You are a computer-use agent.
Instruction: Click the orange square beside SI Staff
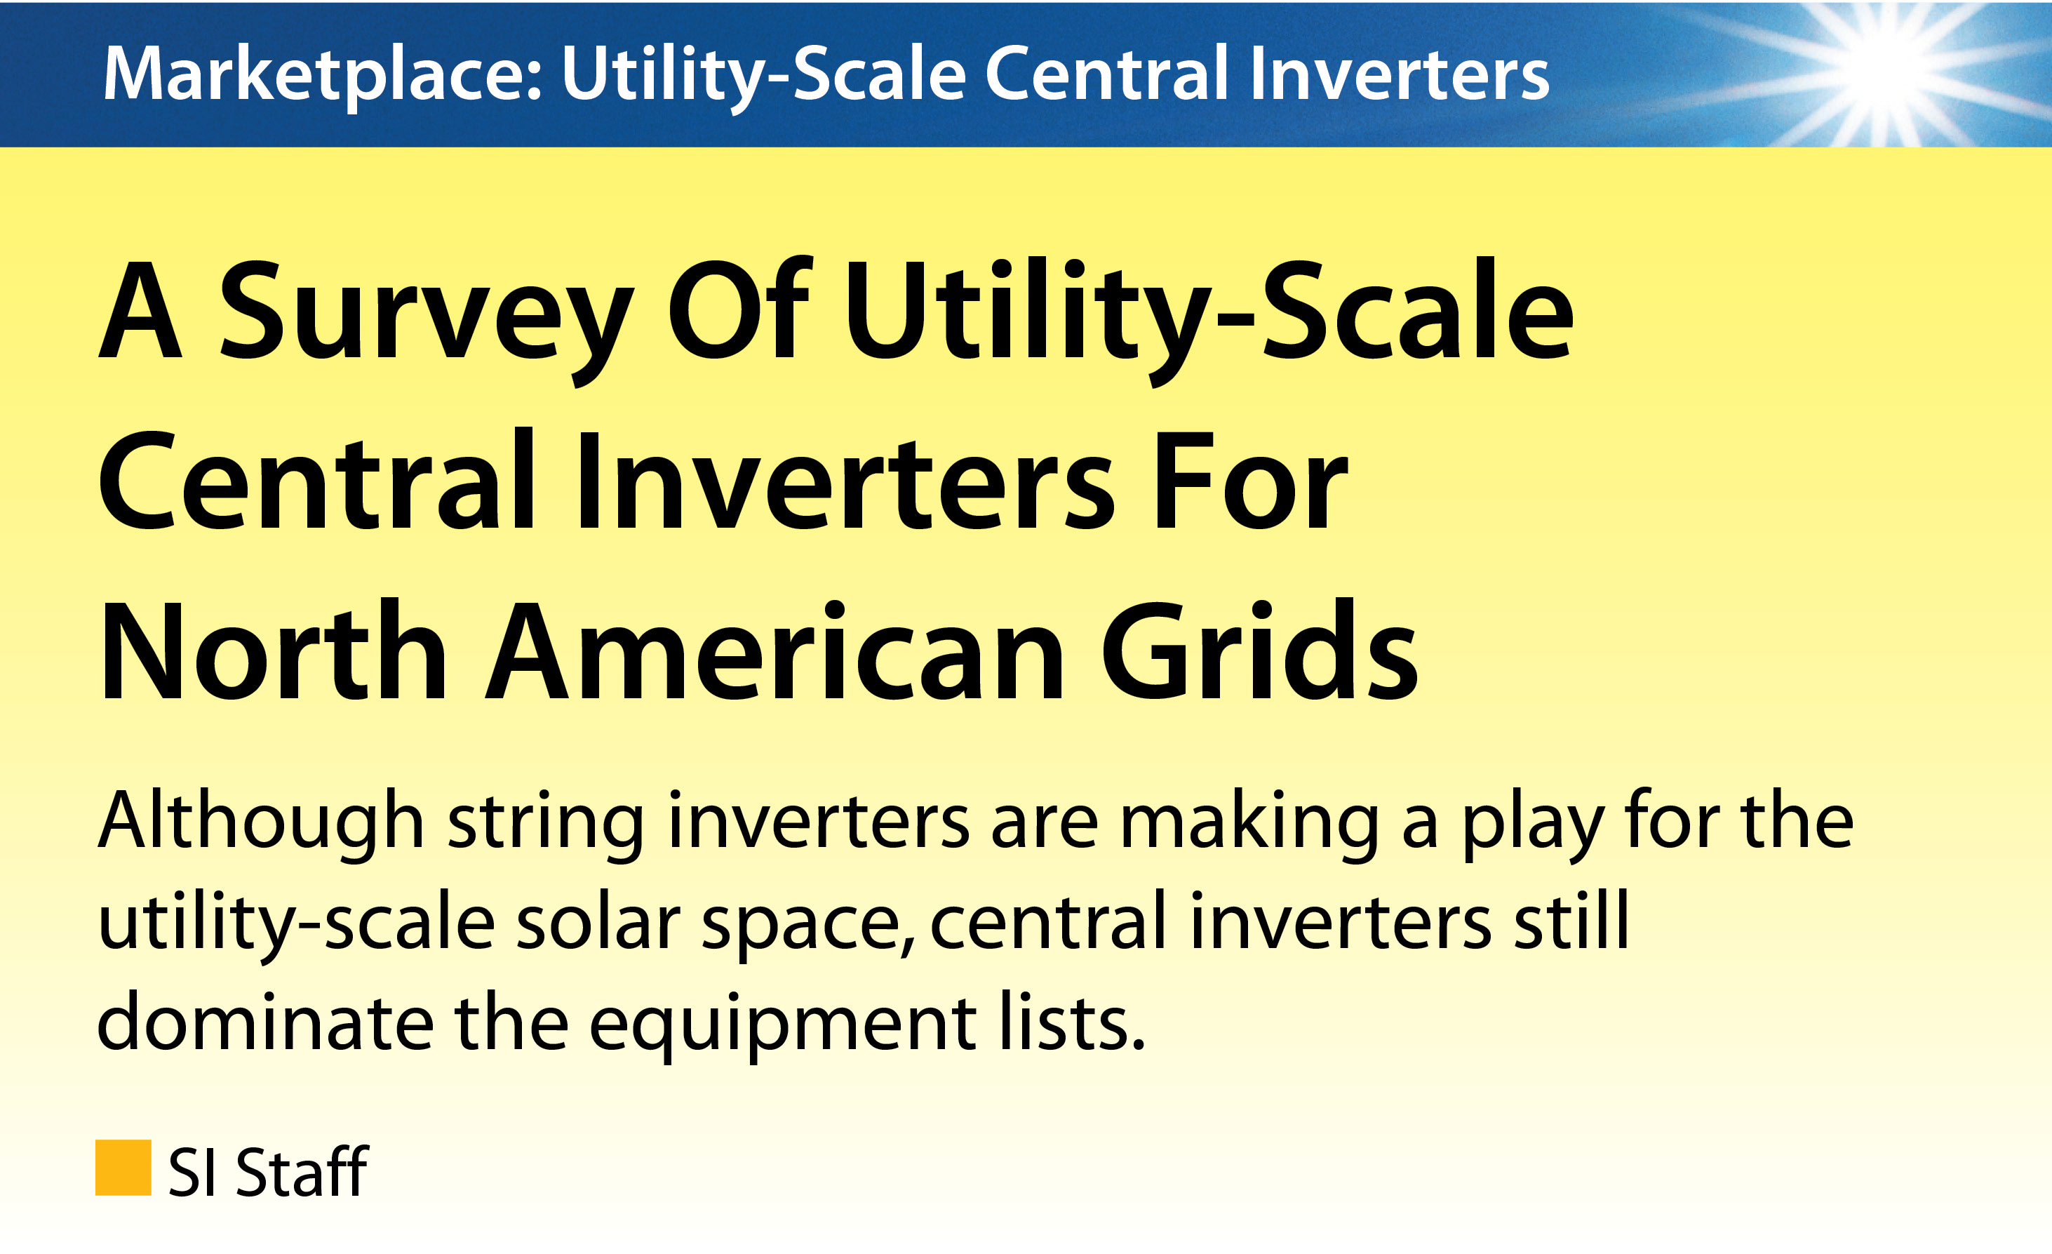click(x=123, y=1168)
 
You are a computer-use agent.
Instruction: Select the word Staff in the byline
click(x=302, y=1170)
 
